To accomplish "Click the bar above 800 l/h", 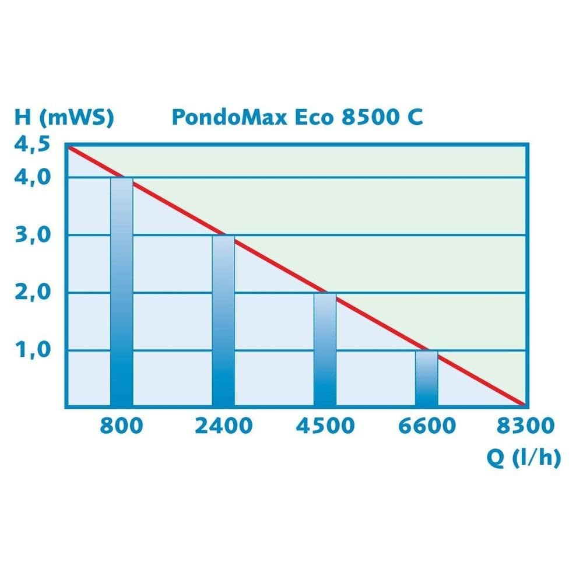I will click(121, 291).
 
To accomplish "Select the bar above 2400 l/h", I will click(223, 321).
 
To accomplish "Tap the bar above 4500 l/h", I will click(325, 350).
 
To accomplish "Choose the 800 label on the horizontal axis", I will click(121, 426).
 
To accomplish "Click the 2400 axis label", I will click(223, 426).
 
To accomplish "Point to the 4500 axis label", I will click(325, 426).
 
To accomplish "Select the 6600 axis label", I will click(427, 426).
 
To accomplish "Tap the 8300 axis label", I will click(525, 426).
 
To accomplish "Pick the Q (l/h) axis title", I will click(523, 458).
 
